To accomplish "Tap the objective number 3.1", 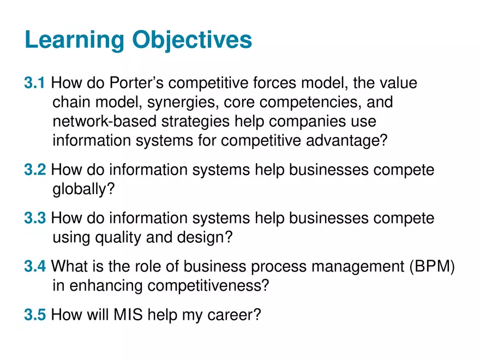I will click(34, 83).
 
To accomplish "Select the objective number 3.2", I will click(34, 170).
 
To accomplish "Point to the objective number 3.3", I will click(34, 219).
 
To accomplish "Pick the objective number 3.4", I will click(34, 267).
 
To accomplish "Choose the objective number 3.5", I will click(34, 315).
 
